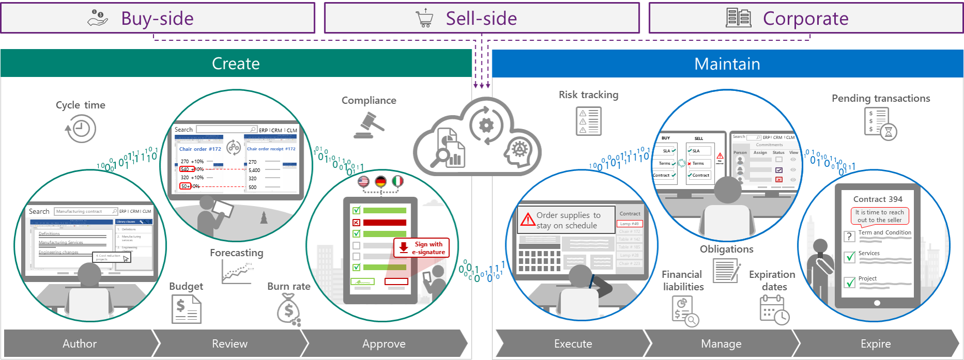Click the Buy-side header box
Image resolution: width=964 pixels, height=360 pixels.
point(158,18)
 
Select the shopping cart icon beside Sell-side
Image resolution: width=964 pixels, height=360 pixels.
point(425,18)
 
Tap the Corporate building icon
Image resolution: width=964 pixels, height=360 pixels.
point(738,18)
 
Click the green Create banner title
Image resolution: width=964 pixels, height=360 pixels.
point(236,64)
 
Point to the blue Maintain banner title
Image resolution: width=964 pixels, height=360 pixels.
point(727,64)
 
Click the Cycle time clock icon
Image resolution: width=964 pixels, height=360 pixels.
point(81,129)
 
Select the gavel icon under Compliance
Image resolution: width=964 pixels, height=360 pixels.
point(369,126)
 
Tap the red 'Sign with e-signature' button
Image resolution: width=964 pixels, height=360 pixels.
point(422,248)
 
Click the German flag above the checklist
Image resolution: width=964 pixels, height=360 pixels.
point(381,181)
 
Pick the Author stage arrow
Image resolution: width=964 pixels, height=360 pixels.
point(80,343)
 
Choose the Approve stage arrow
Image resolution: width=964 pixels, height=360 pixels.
point(384,343)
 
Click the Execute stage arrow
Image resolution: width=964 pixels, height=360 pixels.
point(573,343)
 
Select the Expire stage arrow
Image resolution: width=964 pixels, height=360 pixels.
point(875,343)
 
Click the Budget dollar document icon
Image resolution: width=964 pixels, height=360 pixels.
point(186,309)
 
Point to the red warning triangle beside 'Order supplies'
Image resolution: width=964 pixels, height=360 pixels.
point(527,220)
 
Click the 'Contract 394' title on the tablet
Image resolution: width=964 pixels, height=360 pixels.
point(878,199)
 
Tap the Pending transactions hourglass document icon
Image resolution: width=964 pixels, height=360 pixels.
point(880,123)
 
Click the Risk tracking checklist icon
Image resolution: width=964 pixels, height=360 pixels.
point(588,121)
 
